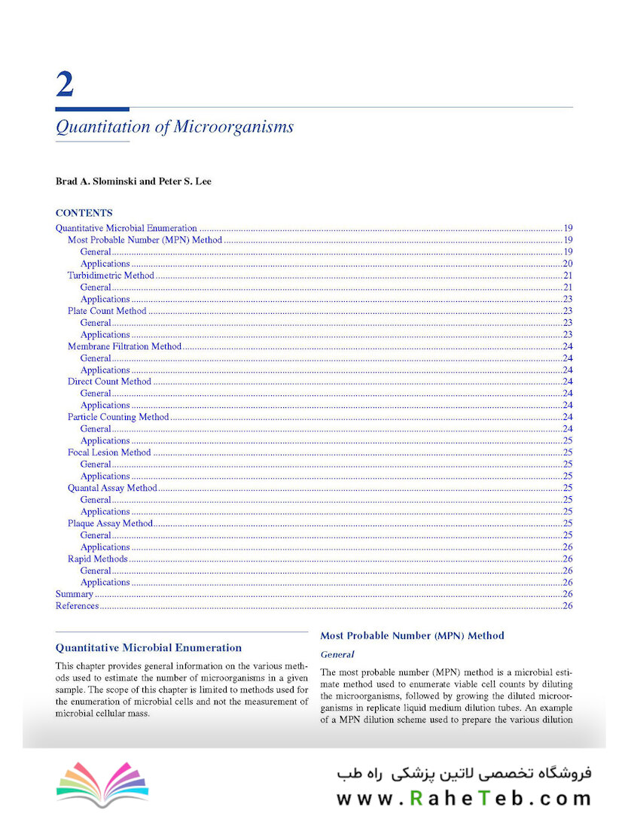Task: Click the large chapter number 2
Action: [65, 84]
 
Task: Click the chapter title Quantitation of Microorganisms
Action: [174, 126]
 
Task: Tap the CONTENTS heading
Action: [84, 213]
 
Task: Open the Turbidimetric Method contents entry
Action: [111, 276]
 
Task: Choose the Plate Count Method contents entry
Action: [107, 311]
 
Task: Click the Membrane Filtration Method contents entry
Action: [124, 346]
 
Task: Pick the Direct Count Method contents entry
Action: [109, 382]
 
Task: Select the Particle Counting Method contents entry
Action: [118, 417]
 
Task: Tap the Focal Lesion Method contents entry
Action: [109, 452]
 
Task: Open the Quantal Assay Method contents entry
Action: [112, 488]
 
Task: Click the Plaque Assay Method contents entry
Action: [110, 523]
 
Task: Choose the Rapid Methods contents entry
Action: [98, 559]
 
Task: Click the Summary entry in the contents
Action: [75, 594]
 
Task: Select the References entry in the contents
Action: [77, 606]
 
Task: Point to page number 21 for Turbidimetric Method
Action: [568, 276]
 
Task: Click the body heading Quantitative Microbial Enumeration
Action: [149, 647]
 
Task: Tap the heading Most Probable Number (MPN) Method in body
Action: [412, 636]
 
